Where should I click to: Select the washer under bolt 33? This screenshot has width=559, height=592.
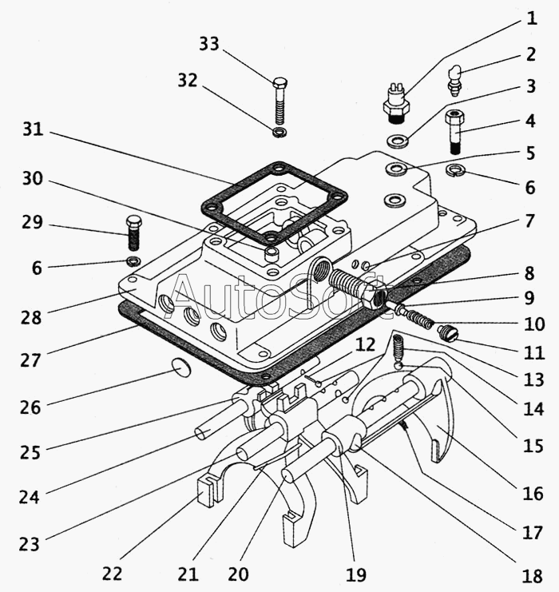point(279,131)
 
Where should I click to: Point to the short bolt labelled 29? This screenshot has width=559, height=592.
point(134,232)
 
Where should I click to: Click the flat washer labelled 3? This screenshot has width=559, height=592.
point(397,141)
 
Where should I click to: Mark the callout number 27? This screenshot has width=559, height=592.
point(31,360)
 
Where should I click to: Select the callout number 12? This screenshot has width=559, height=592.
point(366,346)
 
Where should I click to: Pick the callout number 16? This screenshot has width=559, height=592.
point(533,493)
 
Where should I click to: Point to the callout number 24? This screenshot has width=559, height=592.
point(30,496)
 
